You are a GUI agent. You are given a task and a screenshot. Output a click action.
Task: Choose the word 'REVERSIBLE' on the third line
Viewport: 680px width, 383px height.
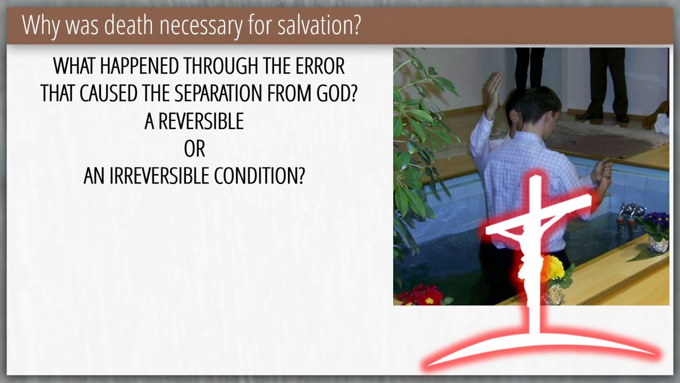coord(201,121)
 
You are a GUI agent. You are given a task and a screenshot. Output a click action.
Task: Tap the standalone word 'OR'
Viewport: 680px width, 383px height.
coord(194,148)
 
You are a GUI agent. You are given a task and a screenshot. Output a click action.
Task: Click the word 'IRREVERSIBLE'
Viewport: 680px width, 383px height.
coord(159,176)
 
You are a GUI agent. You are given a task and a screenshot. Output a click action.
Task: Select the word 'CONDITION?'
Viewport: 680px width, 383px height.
coord(259,176)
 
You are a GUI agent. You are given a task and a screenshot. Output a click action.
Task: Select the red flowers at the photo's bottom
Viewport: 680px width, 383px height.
coord(421,295)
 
